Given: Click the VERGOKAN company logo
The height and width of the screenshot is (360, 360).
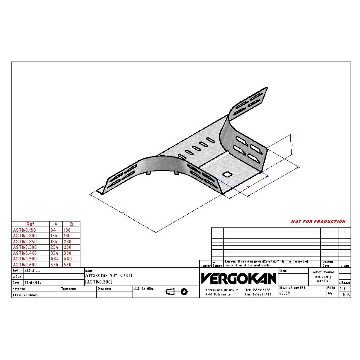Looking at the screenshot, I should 239,279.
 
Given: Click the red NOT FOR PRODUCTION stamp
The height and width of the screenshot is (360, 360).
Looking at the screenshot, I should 318,221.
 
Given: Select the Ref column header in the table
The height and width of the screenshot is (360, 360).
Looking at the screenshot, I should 30,224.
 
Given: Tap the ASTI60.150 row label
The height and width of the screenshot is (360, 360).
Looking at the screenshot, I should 24,230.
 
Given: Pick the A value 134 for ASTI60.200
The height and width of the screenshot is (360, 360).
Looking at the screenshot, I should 54,236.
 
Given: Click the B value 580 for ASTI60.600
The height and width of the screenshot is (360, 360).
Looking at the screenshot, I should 68,265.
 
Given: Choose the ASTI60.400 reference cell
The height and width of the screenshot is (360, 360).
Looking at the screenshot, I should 24,253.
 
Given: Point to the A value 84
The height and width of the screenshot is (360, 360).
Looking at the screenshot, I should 53,230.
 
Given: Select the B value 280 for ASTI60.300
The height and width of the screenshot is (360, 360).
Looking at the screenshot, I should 68,247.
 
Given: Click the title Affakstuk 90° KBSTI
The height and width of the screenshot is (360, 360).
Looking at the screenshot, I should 109,276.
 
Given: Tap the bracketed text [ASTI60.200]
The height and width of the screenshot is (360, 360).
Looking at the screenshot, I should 99,281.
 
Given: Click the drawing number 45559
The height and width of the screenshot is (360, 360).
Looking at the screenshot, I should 284,294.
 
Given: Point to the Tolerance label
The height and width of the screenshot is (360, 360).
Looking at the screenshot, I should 68,289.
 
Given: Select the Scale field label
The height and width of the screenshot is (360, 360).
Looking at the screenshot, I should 283,271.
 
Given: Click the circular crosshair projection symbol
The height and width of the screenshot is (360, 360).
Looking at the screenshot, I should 184,292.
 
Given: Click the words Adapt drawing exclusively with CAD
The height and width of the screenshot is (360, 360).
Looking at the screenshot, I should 323,276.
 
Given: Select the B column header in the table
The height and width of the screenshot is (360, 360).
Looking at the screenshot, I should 71,224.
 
